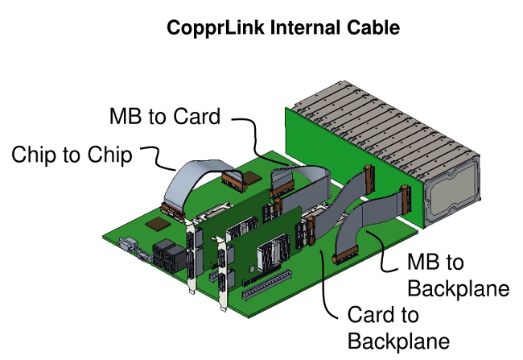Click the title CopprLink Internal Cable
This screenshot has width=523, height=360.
(282, 29)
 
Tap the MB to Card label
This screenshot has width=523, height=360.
(164, 117)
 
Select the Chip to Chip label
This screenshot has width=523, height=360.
(72, 155)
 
